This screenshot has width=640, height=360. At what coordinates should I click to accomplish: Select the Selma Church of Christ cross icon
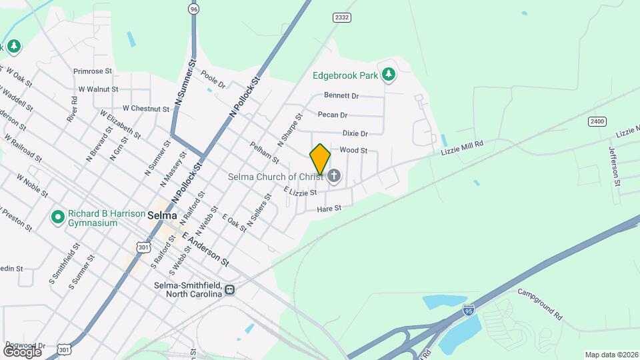334,177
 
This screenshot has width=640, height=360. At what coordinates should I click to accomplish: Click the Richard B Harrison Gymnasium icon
58,217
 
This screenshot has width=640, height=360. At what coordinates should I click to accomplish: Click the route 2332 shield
342,17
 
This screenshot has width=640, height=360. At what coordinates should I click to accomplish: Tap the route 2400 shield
597,121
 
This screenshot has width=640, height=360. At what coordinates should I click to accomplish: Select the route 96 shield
193,9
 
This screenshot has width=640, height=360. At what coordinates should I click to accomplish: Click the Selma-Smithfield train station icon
229,290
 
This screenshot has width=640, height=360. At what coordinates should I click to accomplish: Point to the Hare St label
329,209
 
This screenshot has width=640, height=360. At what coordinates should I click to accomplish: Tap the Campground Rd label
541,303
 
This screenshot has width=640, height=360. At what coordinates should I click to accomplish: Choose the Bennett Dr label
341,95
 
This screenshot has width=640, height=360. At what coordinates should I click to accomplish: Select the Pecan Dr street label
333,115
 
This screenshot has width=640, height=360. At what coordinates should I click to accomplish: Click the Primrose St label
95,71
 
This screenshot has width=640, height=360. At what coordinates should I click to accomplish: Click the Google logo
22,351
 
